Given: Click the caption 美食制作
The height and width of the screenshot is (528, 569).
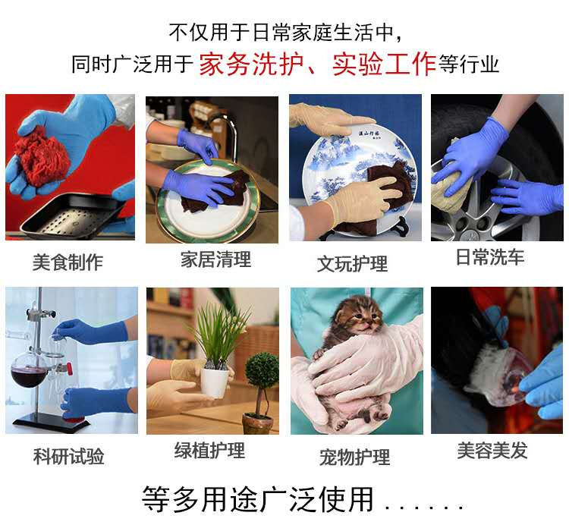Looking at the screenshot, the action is tap(68, 262).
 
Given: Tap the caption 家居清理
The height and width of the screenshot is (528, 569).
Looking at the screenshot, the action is tap(215, 259).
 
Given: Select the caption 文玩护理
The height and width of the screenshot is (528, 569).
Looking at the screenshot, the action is tap(352, 264).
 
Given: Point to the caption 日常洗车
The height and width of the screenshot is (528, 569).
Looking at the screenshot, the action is tap(490, 257).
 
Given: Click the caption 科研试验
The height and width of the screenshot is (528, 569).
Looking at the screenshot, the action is tap(68, 456).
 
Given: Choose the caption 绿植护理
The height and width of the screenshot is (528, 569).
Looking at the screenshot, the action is tap(209, 451).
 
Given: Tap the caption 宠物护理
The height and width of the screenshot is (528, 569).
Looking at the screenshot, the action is tap(354, 457).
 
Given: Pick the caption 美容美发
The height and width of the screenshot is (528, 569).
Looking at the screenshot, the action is tap(492, 451).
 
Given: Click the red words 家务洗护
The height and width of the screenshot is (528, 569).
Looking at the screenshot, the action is tap(251, 64).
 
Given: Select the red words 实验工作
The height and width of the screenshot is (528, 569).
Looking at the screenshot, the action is tap(384, 64).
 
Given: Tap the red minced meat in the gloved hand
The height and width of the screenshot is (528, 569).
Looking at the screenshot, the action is tap(42, 156).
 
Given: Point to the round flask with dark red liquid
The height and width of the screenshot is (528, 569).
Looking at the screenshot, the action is tap(28, 372).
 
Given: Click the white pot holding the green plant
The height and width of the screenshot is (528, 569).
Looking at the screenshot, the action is tap(215, 382).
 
